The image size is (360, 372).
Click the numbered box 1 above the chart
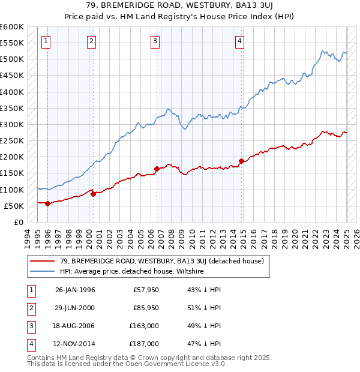(46, 41)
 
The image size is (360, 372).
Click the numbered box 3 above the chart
(155, 41)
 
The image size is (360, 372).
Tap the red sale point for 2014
(241, 161)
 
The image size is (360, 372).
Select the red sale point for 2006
(157, 169)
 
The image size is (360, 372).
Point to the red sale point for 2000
(94, 194)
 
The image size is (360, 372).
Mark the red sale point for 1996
(48, 203)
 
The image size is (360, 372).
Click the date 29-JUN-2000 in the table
(75, 308)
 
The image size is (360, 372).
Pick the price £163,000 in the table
(144, 326)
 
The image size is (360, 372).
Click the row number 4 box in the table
(29, 344)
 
